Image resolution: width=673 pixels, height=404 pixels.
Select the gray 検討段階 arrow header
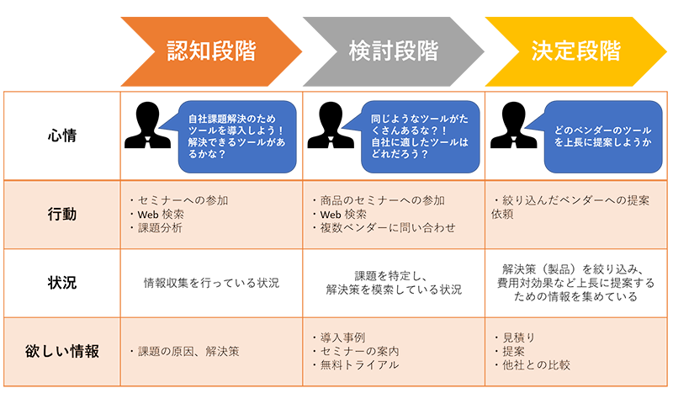[x=394, y=50]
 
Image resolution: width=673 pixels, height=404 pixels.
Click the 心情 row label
[x=62, y=136]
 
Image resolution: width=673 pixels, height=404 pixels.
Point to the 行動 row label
[x=62, y=214]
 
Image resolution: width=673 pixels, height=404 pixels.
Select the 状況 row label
[x=62, y=283]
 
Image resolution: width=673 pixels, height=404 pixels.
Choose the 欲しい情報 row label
[x=62, y=351]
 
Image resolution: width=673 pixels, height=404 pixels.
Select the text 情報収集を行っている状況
[x=211, y=283]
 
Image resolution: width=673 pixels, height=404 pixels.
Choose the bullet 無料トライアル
[x=358, y=365]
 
